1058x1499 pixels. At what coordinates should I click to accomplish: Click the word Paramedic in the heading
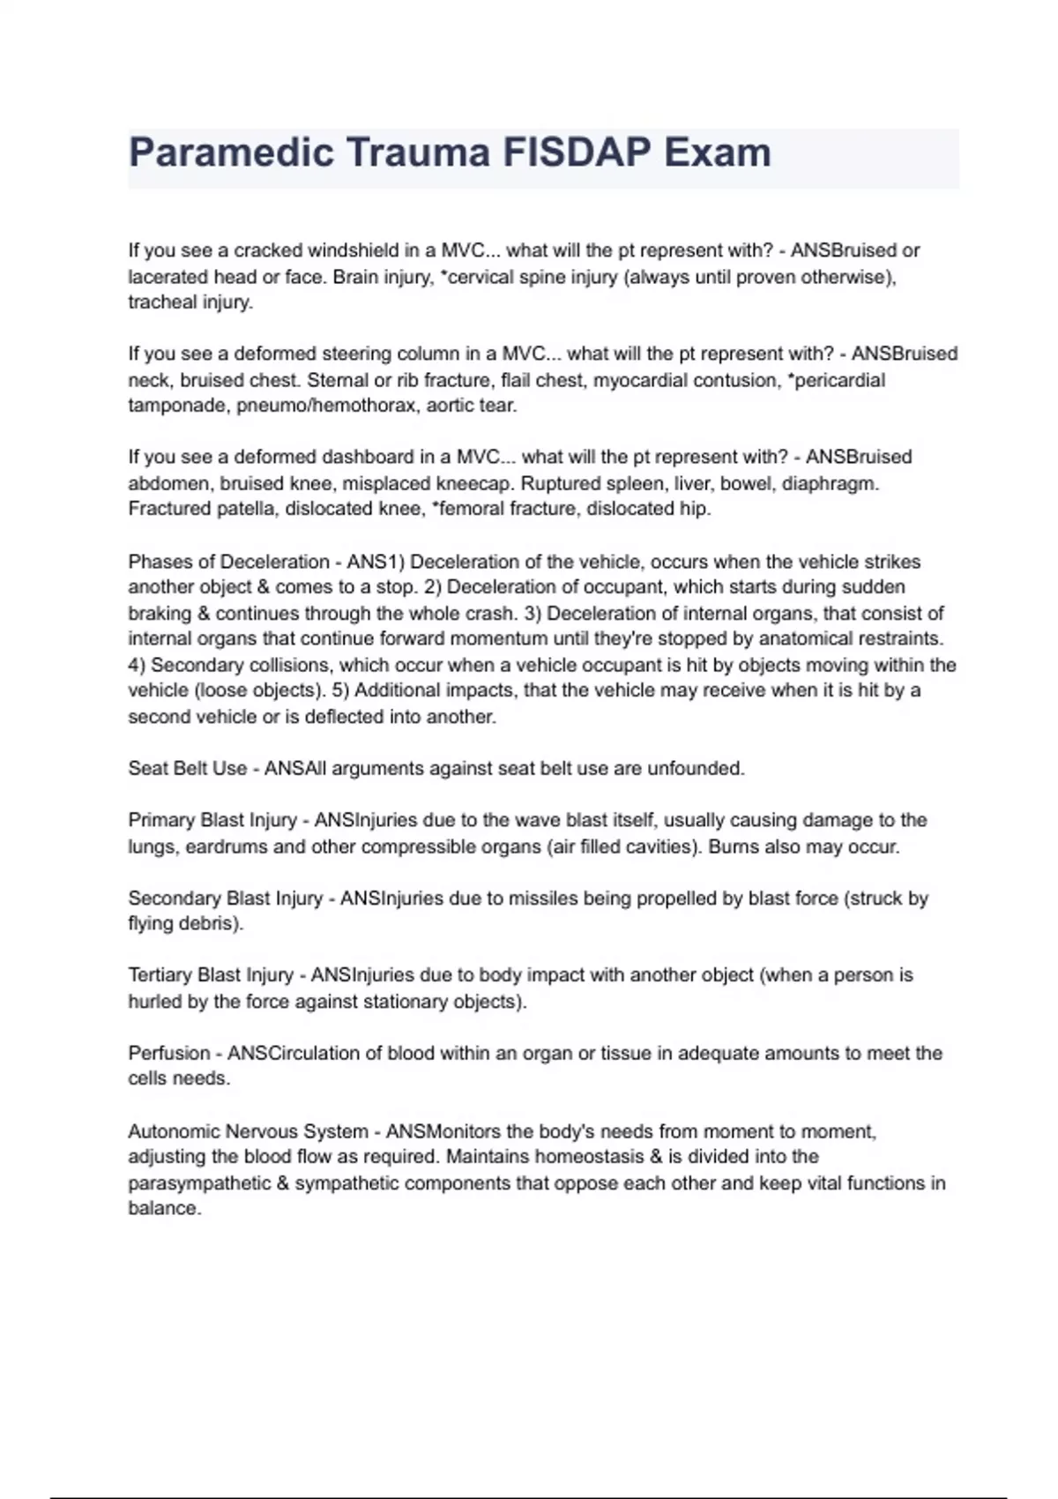coord(231,153)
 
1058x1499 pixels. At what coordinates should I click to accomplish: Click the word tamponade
coord(179,406)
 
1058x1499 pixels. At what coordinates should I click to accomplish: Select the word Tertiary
coord(160,975)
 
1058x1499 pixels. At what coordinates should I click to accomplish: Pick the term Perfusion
coord(168,1053)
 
